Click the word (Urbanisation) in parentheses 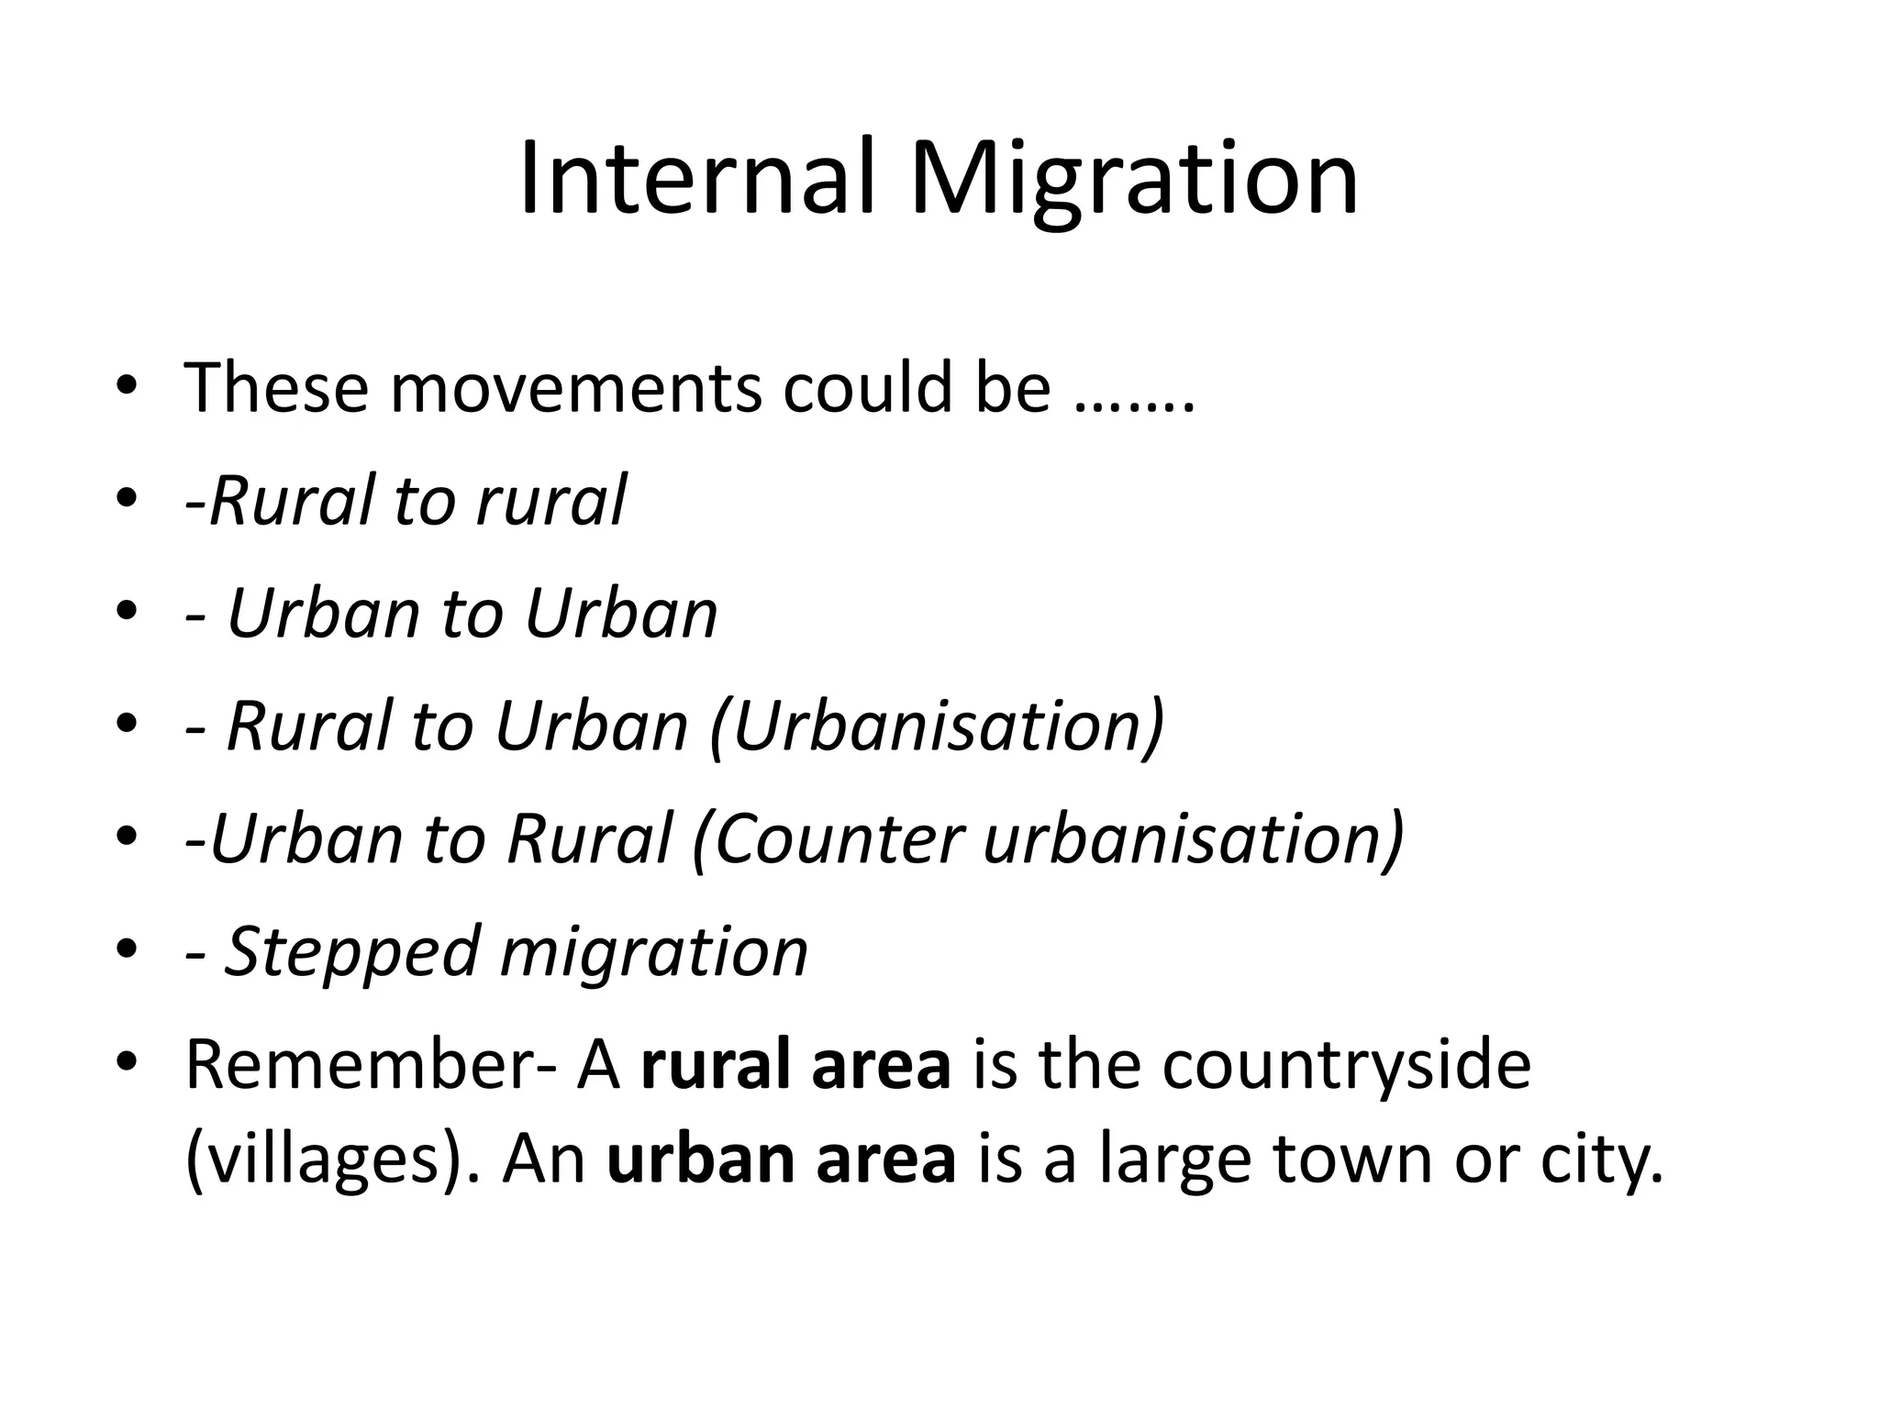point(937,727)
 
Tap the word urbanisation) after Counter point(1194,840)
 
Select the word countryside point(1346,1067)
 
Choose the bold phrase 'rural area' point(796,1065)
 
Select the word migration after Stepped point(654,953)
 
